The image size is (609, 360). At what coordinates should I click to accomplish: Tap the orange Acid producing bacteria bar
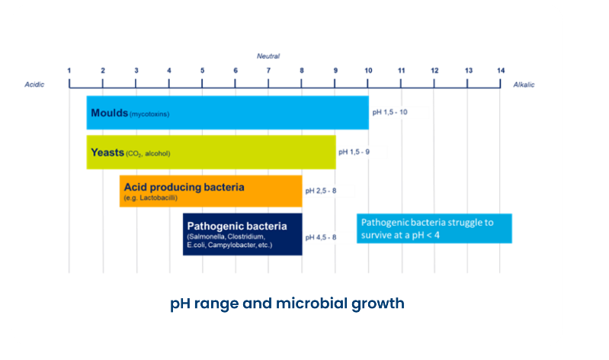pos(210,191)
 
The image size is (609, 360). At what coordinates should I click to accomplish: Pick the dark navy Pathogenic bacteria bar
pos(242,233)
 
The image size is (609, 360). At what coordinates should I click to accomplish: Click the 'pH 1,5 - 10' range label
pos(389,112)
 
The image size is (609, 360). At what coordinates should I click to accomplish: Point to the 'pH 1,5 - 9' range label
pos(355,152)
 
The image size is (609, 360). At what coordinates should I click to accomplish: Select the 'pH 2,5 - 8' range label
pos(321,191)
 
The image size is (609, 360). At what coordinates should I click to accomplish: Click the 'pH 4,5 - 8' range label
pos(321,237)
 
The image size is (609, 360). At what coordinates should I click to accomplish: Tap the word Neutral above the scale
pos(268,57)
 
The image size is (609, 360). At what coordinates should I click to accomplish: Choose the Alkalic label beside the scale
pos(524,85)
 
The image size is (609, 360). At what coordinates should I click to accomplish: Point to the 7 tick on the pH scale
pos(268,71)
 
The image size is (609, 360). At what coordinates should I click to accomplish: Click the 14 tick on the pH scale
pos(500,71)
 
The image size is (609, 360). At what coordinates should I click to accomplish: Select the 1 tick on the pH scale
pos(69,71)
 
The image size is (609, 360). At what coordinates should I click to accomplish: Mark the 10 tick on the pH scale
pos(368,71)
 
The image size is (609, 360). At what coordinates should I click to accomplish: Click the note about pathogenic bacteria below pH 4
pos(434,228)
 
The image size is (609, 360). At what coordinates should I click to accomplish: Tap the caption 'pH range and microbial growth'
pos(287,303)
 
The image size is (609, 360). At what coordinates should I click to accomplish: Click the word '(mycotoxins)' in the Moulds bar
pos(149,114)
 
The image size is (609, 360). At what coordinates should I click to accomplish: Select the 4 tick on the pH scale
pos(169,71)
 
